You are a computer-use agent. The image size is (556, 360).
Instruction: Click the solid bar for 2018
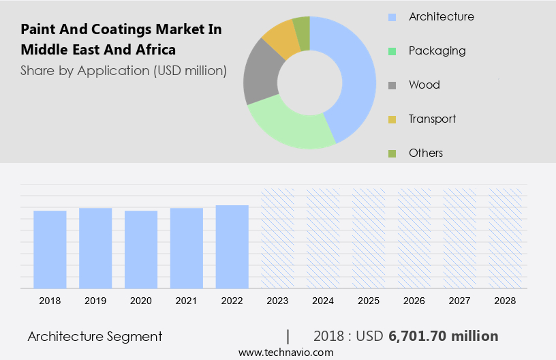(50, 249)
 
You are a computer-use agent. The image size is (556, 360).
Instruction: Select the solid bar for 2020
(141, 249)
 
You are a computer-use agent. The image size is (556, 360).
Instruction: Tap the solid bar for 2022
(232, 246)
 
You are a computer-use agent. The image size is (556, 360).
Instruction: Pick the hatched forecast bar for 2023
(278, 238)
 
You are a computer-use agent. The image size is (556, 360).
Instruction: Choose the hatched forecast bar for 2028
(506, 238)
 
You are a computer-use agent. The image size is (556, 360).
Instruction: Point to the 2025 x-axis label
(369, 300)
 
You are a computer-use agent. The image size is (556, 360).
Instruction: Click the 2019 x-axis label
(95, 300)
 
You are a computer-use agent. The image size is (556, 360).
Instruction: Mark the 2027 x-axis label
(460, 300)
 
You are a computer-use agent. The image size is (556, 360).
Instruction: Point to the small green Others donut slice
(302, 29)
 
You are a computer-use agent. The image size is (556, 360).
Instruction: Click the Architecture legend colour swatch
(392, 17)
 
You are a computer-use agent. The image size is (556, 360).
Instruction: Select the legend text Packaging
(437, 50)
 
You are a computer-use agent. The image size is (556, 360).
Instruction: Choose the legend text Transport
(432, 119)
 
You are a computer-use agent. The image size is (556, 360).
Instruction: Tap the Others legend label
(426, 153)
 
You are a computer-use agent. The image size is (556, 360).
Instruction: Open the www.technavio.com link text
(286, 352)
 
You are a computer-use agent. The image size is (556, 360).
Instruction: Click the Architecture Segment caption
(95, 336)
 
